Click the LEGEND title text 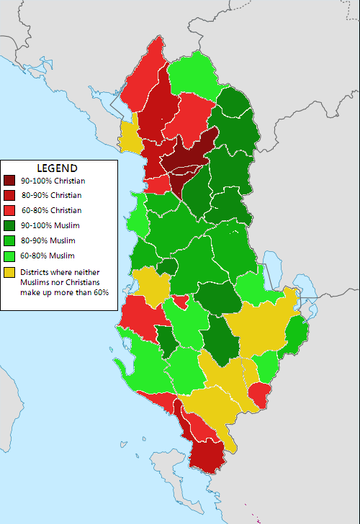(x=57, y=168)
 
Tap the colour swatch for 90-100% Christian (x=10, y=180)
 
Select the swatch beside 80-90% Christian (x=10, y=195)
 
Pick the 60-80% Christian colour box (x=10, y=210)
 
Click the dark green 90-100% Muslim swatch (x=10, y=225)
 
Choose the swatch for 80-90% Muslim (x=10, y=240)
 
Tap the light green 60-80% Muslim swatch (x=10, y=256)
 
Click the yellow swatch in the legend (x=10, y=273)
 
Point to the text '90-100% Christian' (x=51, y=180)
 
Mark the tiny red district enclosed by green (x=181, y=299)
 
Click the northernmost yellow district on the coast (x=130, y=138)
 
